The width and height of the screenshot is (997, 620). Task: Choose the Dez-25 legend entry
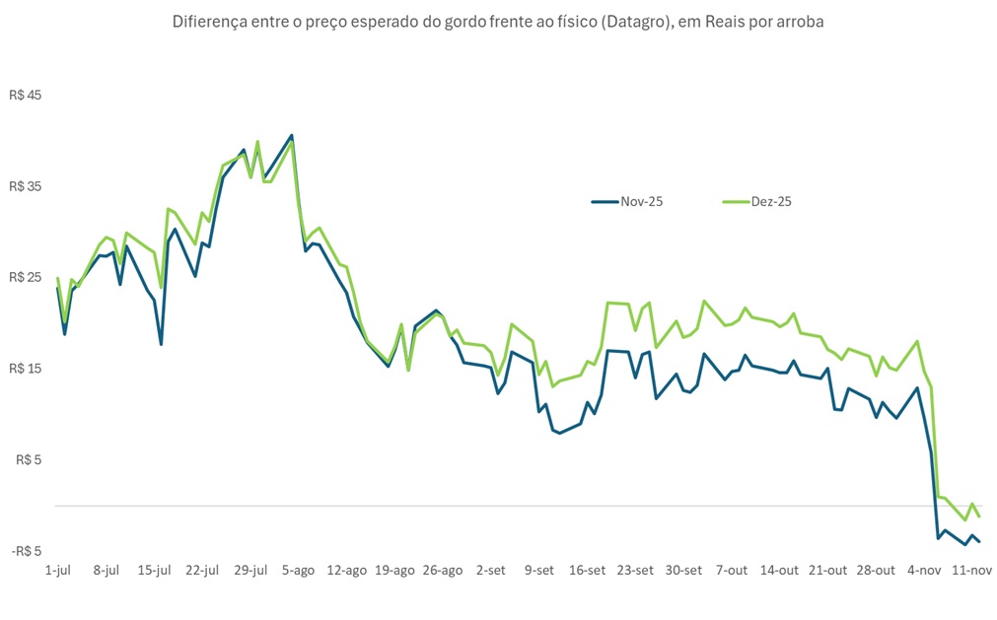pos(771,201)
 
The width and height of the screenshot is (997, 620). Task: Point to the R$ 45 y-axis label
pos(27,96)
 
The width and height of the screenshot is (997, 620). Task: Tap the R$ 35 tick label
pos(27,186)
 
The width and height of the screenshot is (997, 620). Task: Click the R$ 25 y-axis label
pos(27,277)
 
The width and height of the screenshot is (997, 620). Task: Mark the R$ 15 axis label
pos(27,369)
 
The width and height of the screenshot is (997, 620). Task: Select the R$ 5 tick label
pos(30,459)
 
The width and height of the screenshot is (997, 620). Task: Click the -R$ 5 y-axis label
pos(27,551)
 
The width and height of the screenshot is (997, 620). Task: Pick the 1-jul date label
pos(58,570)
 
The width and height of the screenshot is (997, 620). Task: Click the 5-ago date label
pos(299,570)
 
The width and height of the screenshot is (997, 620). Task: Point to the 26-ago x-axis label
pos(443,570)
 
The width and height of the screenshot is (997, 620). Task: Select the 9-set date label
pos(539,570)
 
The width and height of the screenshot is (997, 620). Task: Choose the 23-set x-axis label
pos(635,570)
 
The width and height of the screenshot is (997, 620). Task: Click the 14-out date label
pos(779,570)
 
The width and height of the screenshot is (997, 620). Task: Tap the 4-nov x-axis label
pos(924,570)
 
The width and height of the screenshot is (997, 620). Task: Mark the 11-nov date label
pos(972,570)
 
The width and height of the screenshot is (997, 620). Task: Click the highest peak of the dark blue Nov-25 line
pos(292,135)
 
